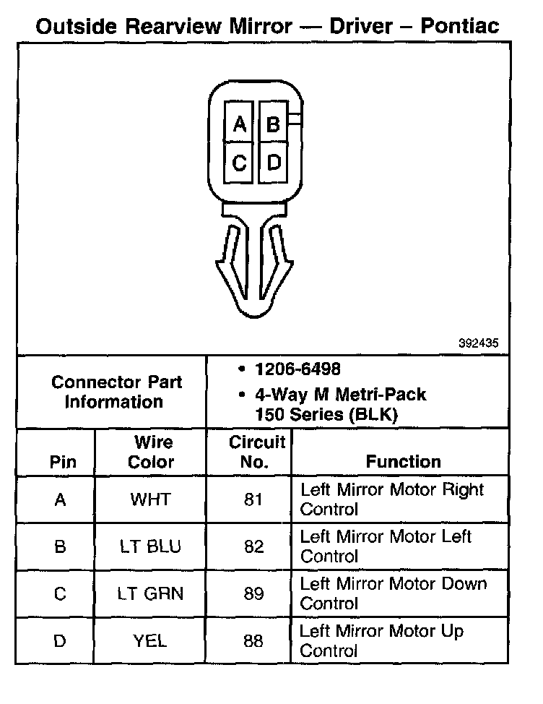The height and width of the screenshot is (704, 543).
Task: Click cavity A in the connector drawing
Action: tap(238, 124)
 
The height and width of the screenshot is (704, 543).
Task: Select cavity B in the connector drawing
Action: tap(272, 124)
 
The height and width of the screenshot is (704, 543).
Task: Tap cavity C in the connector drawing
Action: tap(238, 163)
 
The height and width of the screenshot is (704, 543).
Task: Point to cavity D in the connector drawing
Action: tap(273, 163)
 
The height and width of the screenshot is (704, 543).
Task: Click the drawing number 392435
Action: tap(478, 344)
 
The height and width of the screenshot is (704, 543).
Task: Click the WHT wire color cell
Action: tap(150, 499)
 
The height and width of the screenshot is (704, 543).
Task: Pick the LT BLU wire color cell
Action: tap(150, 547)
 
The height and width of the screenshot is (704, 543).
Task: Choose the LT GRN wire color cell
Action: tap(150, 594)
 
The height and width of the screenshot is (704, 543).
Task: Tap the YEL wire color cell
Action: tap(150, 641)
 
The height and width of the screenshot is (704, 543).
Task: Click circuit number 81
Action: tap(253, 499)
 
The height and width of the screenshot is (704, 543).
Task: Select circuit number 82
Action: tap(253, 547)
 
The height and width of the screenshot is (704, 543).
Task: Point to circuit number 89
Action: tap(253, 594)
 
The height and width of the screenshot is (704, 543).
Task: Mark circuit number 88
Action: tap(253, 641)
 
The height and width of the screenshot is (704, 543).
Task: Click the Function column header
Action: tap(403, 461)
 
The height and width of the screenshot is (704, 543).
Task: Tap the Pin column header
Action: tap(63, 461)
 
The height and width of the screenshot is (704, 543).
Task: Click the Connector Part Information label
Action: tap(116, 392)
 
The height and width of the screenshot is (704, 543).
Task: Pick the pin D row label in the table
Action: tap(60, 641)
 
